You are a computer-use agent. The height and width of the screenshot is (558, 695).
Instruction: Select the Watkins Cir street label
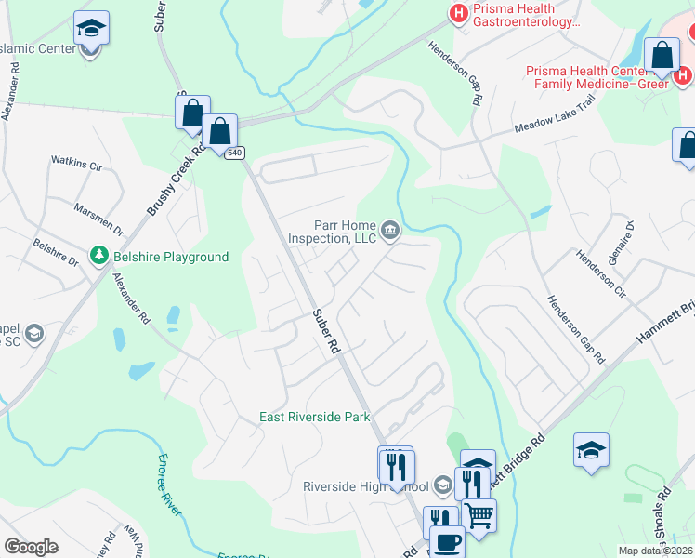point(76,164)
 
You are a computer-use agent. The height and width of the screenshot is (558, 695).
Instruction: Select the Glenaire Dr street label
point(629,239)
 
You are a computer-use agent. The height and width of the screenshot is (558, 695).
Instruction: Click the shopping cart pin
point(478,513)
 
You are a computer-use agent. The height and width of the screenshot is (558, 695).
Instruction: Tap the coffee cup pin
point(446,539)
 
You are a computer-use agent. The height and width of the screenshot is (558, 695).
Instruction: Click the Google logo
point(31,547)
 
